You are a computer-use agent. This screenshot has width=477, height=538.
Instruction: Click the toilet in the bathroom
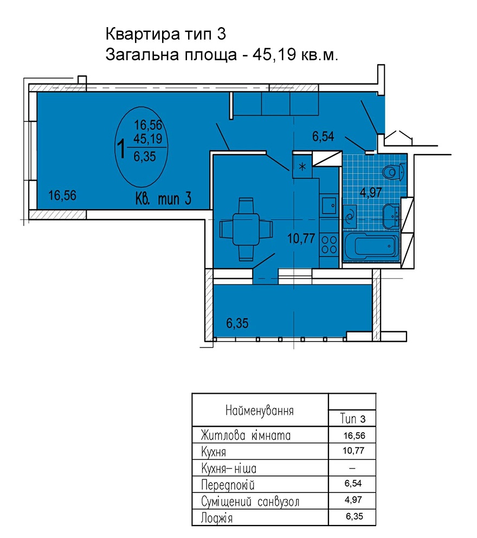coord(395,171)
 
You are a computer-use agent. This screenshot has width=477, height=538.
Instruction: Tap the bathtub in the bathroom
coord(372,246)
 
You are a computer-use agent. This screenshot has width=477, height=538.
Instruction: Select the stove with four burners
coord(329,245)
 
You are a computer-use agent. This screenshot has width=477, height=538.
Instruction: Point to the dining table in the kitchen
coord(246,229)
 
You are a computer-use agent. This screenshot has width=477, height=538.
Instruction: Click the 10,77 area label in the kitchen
coord(301,238)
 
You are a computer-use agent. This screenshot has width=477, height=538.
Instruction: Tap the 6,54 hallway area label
coord(323,136)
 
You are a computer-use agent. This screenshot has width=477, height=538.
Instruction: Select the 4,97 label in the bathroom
coord(371,193)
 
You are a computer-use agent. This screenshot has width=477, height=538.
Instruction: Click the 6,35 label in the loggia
coord(237,323)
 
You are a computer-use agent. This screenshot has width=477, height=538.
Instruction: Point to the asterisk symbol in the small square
coord(302,166)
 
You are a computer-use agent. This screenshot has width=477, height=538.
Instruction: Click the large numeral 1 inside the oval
coord(121,150)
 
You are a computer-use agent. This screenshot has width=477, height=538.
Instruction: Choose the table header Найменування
coord(260,411)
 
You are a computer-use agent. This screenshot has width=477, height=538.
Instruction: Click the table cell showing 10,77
coord(353,451)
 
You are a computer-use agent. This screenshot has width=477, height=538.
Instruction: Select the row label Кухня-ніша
coord(229,468)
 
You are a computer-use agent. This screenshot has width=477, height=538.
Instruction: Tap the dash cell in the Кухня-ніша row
coord(352,468)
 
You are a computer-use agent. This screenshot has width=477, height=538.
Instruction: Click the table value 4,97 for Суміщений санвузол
coord(353,499)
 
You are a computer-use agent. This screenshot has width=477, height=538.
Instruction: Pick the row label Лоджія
coord(217,518)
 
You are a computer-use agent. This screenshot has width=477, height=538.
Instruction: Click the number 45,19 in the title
coord(274,55)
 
